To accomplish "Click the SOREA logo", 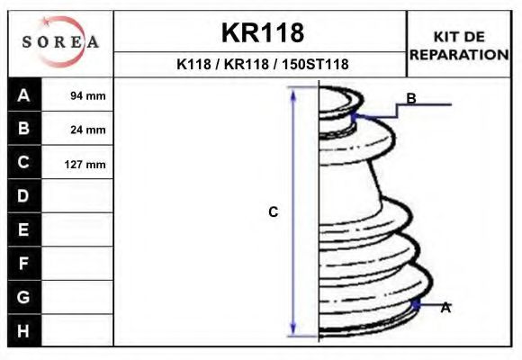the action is click(x=60, y=41).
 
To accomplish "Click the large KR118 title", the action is click(x=263, y=32).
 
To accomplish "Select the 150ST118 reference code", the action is click(x=315, y=64).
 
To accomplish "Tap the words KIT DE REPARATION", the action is click(x=459, y=46).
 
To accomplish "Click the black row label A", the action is click(x=24, y=94).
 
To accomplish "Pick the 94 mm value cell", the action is click(x=77, y=94).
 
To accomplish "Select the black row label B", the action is click(x=24, y=128).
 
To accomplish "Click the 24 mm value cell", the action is click(x=77, y=129).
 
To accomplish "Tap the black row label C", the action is click(x=24, y=162).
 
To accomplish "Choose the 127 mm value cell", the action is click(x=77, y=163).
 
